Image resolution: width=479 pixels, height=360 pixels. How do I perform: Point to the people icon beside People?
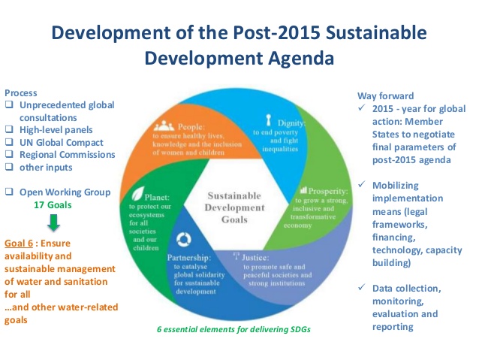[x=169, y=126]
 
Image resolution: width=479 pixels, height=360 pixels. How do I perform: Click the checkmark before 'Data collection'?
[x=363, y=289]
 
